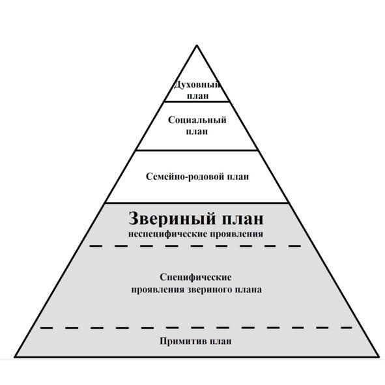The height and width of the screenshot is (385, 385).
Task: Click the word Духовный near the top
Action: coord(197,85)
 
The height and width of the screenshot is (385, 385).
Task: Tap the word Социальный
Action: coord(197,120)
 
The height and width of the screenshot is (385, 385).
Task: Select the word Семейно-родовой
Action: coord(184,177)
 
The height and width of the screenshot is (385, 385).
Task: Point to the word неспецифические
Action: coord(165,234)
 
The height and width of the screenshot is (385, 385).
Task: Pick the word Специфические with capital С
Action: coord(195,278)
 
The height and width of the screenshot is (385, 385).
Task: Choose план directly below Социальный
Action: coord(197,132)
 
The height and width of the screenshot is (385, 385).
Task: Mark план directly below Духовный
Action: coord(198,96)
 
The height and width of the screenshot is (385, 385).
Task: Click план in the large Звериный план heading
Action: coord(243,219)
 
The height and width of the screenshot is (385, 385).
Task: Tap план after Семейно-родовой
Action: coord(237,177)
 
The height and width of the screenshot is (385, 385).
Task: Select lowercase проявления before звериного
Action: coord(158,289)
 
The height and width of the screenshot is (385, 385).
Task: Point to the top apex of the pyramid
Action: coord(197,46)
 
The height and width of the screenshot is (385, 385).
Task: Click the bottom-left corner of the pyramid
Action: coord(15,357)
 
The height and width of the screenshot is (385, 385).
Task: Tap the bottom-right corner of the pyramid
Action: coord(378,357)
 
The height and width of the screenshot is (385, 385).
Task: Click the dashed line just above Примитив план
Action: coord(197,328)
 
